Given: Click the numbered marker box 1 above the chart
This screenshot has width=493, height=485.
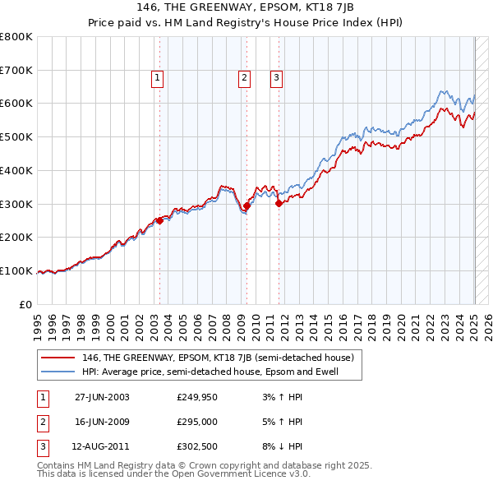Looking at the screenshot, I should pos(156,78).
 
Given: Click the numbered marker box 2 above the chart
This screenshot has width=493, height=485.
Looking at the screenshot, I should pos(245,78).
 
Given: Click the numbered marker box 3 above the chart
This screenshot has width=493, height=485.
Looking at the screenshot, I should pos(277,78).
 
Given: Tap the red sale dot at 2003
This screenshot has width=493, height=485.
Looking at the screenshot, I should pos(159,220).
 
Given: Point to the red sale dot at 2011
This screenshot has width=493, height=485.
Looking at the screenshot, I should pos(279,203).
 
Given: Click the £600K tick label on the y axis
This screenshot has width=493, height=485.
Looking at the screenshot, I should pos(16,104).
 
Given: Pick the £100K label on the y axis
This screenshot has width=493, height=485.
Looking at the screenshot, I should pos(16,270).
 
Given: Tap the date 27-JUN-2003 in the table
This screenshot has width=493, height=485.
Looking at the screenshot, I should pos(102,397).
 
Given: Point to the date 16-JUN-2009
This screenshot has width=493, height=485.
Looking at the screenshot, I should pos(102,423).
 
